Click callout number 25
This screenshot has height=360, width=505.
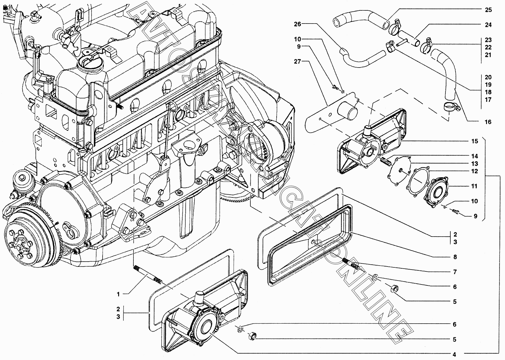point(488,10)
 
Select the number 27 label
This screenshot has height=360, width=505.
point(298,61)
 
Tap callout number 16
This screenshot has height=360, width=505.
point(488,122)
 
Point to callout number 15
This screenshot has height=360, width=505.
point(474,141)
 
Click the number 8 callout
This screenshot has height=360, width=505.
point(455,257)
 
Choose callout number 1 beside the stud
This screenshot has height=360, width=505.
point(118,294)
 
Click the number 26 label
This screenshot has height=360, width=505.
point(298,24)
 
